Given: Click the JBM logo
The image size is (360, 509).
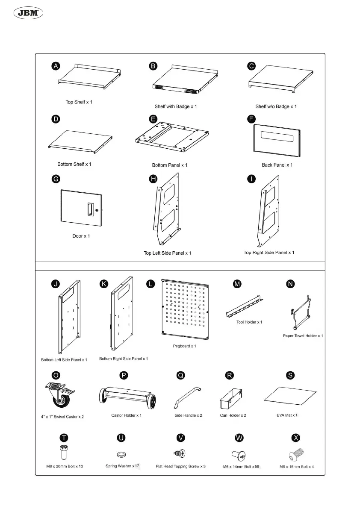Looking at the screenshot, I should pyautogui.click(x=30, y=14).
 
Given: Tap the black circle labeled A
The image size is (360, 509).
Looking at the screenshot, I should pyautogui.click(x=56, y=66).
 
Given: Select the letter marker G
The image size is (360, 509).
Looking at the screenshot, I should pyautogui.click(x=56, y=179).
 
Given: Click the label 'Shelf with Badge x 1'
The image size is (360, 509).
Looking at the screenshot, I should pyautogui.click(x=176, y=106).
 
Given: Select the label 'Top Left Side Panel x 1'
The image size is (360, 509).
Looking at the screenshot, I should pyautogui.click(x=168, y=253).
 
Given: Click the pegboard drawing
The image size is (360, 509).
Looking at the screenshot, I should pyautogui.click(x=185, y=310).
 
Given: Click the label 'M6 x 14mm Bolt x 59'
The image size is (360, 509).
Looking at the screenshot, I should pyautogui.click(x=241, y=467).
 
